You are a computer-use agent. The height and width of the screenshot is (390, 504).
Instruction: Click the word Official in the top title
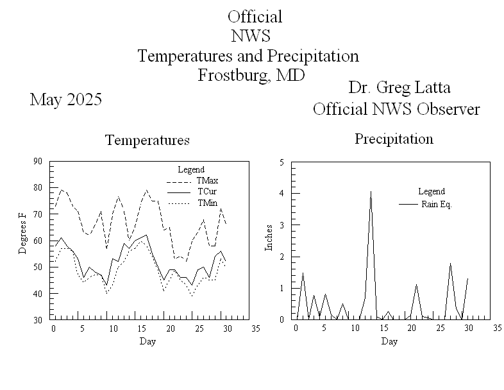pos(255,17)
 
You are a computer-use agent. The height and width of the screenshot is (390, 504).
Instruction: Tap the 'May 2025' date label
pos(65,100)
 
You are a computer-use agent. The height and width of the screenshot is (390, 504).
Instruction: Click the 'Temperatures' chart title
pos(147,140)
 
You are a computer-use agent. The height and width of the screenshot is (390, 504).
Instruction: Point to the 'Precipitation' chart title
pos(394,139)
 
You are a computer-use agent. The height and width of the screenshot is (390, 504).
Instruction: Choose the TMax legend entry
pos(207,180)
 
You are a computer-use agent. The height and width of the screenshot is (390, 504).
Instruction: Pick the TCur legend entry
pos(207,191)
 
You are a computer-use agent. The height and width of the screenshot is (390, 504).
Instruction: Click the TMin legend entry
pos(207,203)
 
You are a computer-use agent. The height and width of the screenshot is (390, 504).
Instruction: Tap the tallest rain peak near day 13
pos(371,191)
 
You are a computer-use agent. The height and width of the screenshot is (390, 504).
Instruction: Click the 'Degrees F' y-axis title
pos(23,237)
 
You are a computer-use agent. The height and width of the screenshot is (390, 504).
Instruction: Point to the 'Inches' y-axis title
pos(269,237)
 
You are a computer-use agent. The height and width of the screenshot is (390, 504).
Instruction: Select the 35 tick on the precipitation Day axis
pos(497,328)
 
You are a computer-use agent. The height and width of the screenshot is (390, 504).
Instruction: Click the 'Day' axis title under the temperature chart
pos(147,341)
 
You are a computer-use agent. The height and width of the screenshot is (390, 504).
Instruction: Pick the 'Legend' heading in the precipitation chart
pos(431,191)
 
